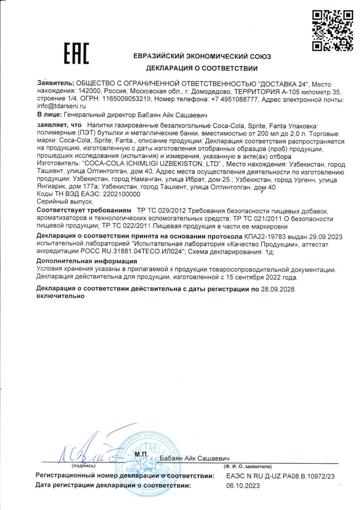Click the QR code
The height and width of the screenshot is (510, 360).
coord(333,30)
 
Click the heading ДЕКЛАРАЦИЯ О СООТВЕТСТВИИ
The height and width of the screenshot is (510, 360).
coord(202,69)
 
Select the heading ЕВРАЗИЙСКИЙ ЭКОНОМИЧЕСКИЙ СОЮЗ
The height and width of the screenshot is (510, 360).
coord(202,56)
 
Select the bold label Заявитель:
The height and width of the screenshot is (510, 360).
coord(55,84)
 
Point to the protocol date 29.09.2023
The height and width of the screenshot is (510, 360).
coord(326,237)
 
